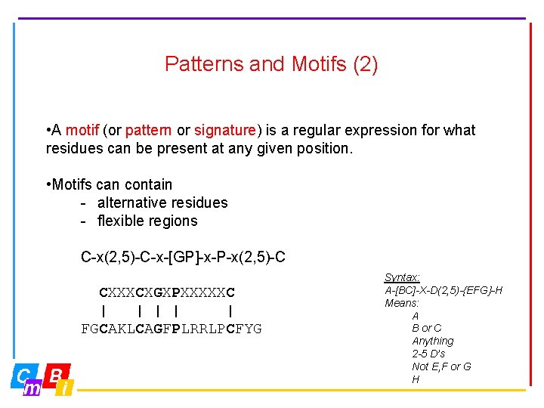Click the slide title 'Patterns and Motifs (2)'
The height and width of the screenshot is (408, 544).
(x=271, y=64)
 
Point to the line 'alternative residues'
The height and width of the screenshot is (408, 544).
(x=162, y=202)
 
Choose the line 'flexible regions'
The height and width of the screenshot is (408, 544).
(x=147, y=221)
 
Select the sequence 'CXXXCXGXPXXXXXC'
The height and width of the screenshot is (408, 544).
(x=167, y=292)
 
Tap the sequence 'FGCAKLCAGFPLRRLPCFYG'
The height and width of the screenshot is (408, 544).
(x=172, y=329)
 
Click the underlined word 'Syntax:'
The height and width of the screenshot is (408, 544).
(x=402, y=278)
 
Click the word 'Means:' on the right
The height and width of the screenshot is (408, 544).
(x=402, y=303)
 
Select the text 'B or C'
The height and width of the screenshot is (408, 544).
(x=427, y=328)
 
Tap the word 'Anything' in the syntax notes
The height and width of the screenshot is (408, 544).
(x=433, y=341)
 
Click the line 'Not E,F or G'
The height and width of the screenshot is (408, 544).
(x=441, y=366)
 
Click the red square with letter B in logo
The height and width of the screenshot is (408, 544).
(x=56, y=374)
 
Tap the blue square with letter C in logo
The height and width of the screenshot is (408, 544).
(x=24, y=375)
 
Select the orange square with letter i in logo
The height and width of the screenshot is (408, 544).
(x=66, y=388)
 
